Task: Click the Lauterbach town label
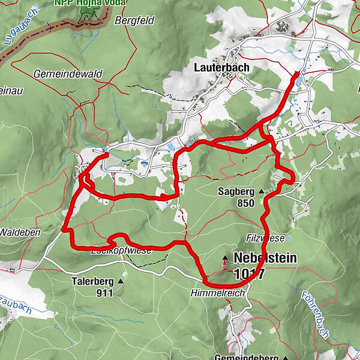click(x=221, y=68)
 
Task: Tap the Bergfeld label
click(x=135, y=20)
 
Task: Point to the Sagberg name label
click(x=236, y=192)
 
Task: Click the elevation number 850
click(x=245, y=203)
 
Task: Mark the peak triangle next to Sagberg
click(x=262, y=192)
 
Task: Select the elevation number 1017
click(x=250, y=274)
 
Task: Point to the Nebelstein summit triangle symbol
click(x=225, y=259)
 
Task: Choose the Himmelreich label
click(x=208, y=293)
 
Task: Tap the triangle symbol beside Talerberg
click(x=121, y=281)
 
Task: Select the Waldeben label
click(x=19, y=232)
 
